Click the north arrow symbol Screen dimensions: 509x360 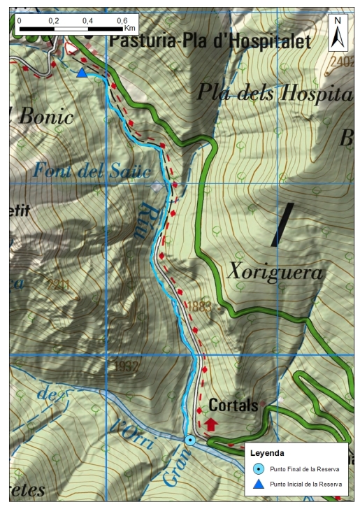(338, 32)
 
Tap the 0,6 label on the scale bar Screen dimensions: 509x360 (122, 20)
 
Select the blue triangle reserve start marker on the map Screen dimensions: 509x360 (82, 73)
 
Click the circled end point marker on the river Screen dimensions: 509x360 (190, 440)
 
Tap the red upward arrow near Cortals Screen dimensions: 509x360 (211, 424)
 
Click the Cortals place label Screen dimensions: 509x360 (233, 406)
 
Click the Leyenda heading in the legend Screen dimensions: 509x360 (268, 454)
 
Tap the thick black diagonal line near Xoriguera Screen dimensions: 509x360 (282, 224)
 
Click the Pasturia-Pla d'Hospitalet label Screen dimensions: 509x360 (210, 41)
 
